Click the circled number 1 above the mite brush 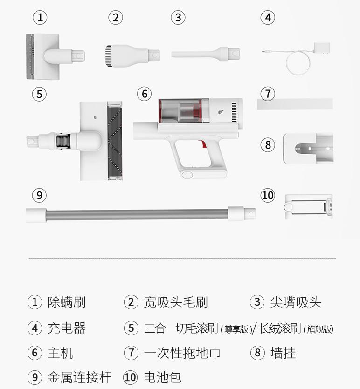(x=41, y=18)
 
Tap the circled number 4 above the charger (x=267, y=18)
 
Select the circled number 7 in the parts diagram (x=268, y=94)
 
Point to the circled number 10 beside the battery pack (x=268, y=195)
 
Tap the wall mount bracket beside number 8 (x=308, y=148)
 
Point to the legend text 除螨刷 (x=67, y=302)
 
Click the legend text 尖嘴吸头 (x=296, y=302)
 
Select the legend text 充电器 (x=67, y=328)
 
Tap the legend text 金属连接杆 (x=79, y=377)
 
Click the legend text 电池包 (x=163, y=377)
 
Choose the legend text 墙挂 (x=283, y=353)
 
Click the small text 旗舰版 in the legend (x=319, y=329)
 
